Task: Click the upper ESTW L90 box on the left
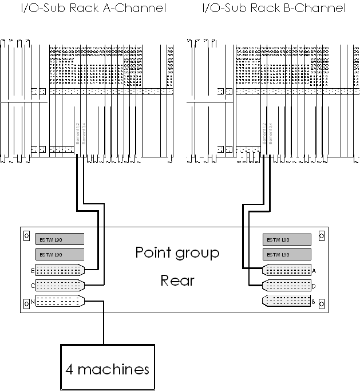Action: (60, 239)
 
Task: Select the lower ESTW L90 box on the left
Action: (60, 254)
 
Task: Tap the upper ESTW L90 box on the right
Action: (287, 239)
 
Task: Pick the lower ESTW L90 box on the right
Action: (287, 254)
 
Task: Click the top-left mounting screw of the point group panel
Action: (26, 235)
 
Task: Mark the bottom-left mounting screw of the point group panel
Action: (26, 304)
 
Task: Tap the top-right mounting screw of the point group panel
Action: (322, 235)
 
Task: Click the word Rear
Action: (177, 281)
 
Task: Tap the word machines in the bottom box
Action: (113, 369)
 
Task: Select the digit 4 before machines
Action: (69, 369)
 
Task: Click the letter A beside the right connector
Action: (314, 270)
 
